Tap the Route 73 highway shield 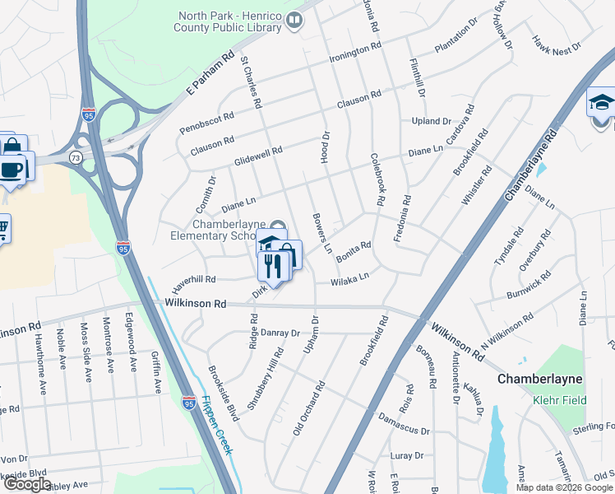point(76,156)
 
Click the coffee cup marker point(12,170)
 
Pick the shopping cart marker point(2,228)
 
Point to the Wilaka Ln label point(349,281)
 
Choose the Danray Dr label point(280,333)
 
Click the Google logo point(27,484)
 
